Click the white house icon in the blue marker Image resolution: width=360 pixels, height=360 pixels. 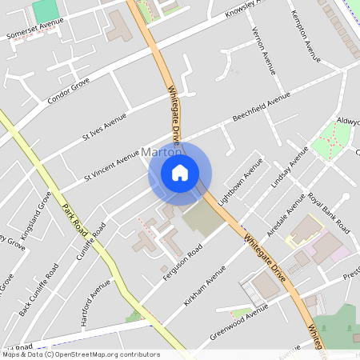(180, 172)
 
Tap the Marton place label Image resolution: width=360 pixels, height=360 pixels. (157, 151)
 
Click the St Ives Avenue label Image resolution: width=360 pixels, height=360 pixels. (105, 126)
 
